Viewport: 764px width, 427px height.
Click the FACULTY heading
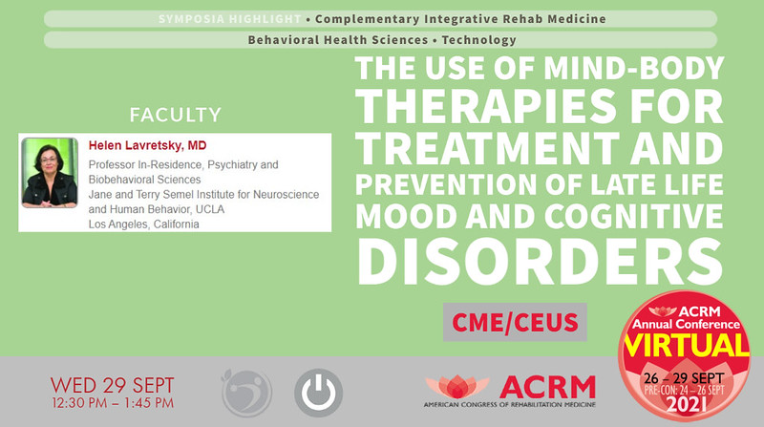[176, 116]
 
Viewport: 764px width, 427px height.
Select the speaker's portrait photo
[49, 173]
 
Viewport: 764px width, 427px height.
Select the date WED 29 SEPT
[113, 385]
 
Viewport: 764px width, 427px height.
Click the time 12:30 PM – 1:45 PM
[113, 406]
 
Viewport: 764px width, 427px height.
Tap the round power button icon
[318, 392]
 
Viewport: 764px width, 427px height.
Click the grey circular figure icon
[247, 392]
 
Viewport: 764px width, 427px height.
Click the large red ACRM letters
[547, 387]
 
